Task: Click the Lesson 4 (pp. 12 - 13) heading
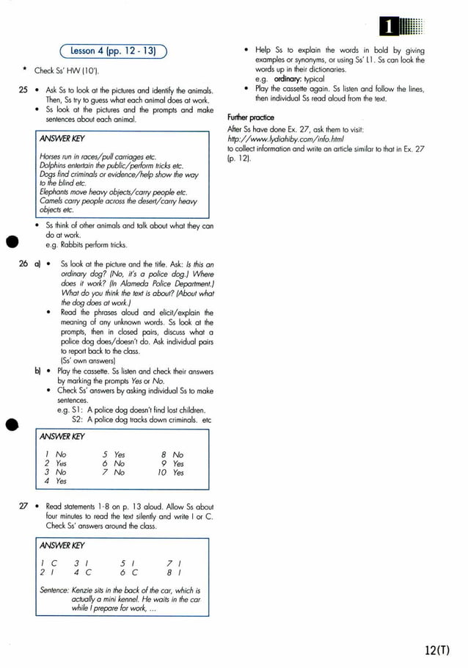click(114, 51)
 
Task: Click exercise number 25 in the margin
click(23, 90)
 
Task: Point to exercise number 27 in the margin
click(23, 507)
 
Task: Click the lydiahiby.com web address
click(285, 139)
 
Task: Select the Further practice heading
click(251, 117)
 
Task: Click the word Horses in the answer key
click(51, 157)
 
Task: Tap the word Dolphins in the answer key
click(54, 166)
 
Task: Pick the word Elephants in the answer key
click(56, 192)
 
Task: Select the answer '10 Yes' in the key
click(170, 473)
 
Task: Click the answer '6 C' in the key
click(129, 572)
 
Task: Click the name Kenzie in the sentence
click(84, 590)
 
